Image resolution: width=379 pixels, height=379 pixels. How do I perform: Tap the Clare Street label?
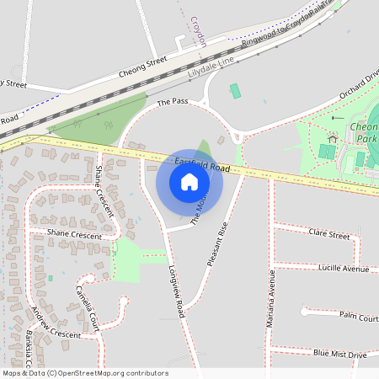click(x=329, y=233)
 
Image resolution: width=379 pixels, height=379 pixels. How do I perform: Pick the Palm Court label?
click(x=359, y=317)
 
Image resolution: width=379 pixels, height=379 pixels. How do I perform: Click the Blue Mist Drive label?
click(x=339, y=355)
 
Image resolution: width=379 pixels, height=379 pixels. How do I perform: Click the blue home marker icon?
click(x=189, y=182)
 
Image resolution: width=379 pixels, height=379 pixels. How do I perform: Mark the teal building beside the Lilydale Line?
click(x=235, y=90)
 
